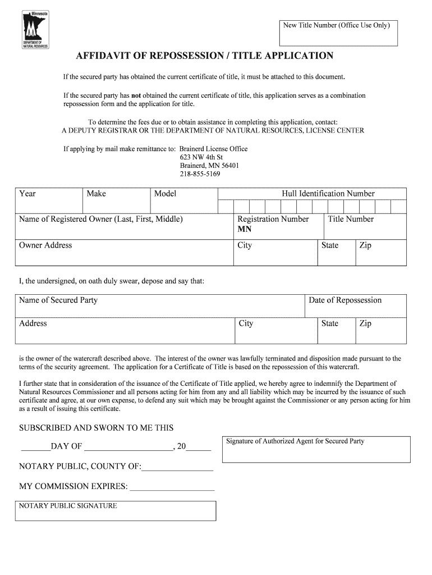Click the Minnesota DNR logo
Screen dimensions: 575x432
coord(35,29)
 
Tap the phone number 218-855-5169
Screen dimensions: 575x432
coord(200,174)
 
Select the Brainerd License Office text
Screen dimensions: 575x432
coord(213,149)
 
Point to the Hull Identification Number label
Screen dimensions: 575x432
coord(328,194)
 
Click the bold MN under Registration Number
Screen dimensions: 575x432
coord(245,229)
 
